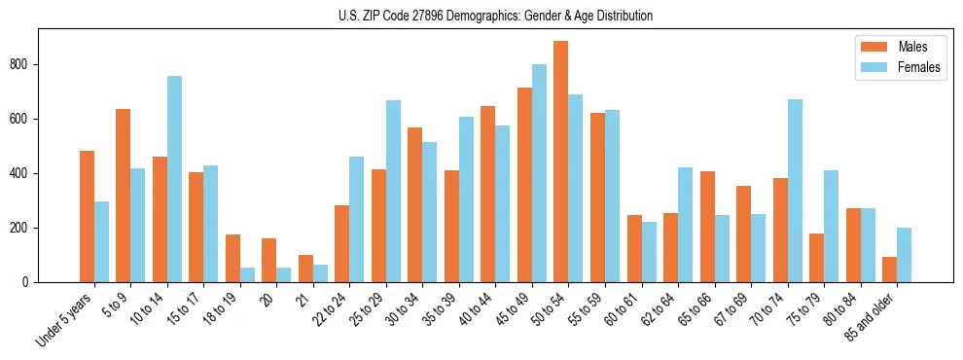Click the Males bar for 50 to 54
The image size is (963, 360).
coord(561,162)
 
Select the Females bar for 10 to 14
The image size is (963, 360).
coord(174,179)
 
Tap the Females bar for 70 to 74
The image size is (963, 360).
coord(795,191)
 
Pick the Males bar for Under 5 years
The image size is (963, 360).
coord(88,216)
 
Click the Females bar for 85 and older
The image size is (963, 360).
coord(904,255)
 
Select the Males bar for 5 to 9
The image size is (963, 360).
coord(124,196)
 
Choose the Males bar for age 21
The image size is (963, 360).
coord(305,269)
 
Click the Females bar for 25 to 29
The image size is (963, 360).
coord(393,191)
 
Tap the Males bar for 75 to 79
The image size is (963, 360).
coord(816,258)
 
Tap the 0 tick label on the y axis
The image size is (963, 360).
coord(29,282)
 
